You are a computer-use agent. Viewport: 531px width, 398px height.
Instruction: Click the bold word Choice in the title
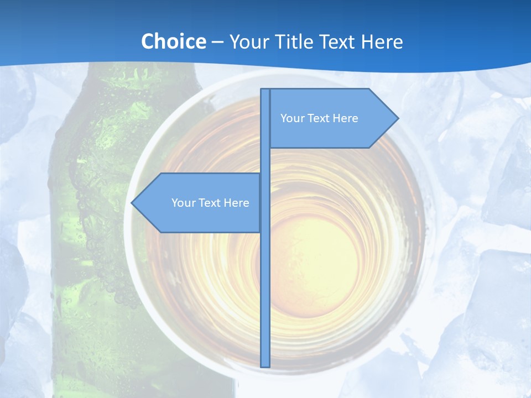point(173,41)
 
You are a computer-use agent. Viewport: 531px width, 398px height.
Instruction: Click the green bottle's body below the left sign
point(100,287)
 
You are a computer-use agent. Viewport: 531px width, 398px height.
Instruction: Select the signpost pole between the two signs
point(265,160)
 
